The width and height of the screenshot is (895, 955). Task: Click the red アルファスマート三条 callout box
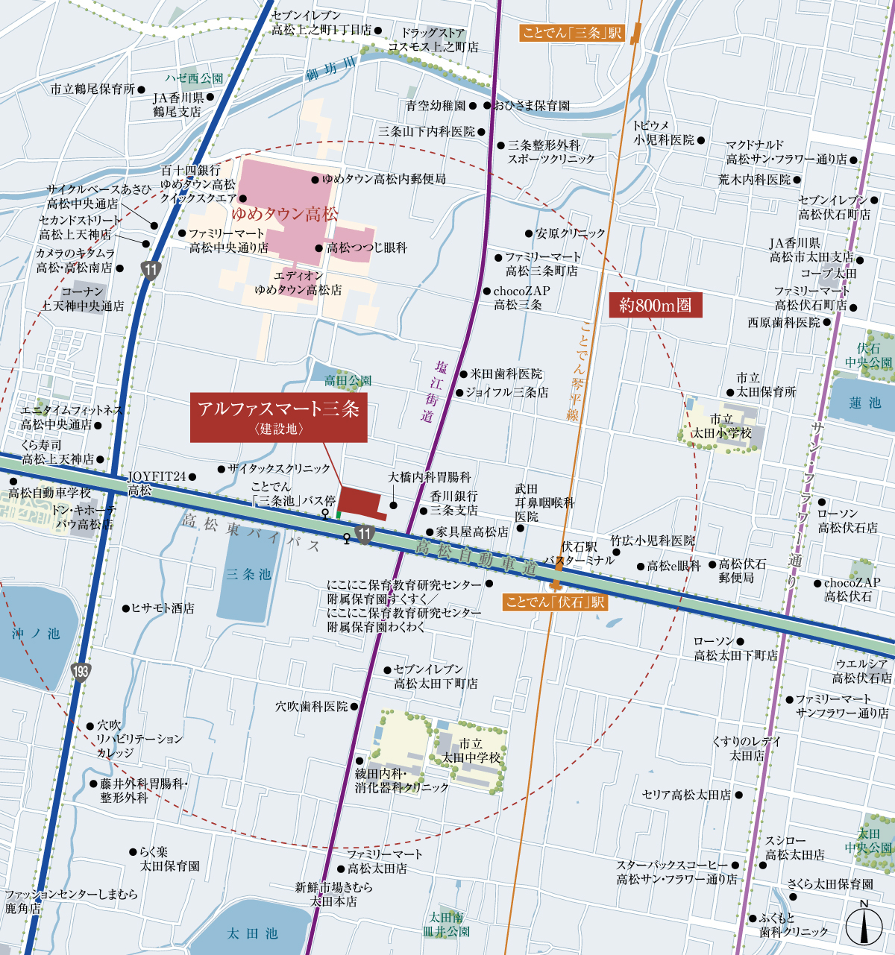point(279,417)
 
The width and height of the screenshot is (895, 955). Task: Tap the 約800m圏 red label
point(656,306)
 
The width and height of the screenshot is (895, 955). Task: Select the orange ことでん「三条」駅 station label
point(572,33)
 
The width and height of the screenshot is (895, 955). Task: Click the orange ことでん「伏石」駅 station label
point(556,602)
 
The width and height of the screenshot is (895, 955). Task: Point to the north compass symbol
point(864,924)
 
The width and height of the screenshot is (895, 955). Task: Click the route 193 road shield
point(81,671)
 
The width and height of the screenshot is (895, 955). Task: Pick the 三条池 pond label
point(248,575)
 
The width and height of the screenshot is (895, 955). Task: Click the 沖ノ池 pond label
point(36,634)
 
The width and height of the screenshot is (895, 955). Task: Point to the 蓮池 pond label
point(865,403)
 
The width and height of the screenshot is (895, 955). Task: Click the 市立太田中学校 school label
point(471,751)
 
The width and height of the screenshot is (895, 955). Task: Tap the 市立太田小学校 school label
point(721,426)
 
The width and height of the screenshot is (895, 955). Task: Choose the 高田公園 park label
point(348,381)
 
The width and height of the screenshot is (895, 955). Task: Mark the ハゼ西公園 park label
point(194,78)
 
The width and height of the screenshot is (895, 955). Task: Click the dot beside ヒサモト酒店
point(125,608)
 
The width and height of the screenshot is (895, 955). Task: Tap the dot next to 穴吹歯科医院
point(354,706)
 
